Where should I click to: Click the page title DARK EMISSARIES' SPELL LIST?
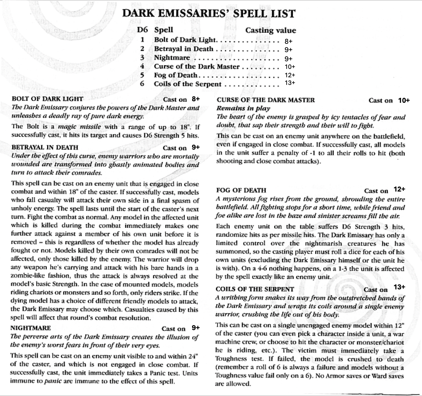coord(208,14)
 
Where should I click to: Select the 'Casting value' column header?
coord(270,30)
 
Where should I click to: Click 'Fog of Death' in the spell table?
coord(175,75)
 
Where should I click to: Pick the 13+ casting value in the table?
coord(290,83)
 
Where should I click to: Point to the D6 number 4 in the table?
coord(142,66)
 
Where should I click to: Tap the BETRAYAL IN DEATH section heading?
coord(45,147)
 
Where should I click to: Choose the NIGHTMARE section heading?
coord(31,327)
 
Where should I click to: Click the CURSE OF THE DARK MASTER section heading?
coord(265,100)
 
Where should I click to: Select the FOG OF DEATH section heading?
coord(241,190)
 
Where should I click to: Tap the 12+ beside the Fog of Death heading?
coord(400,189)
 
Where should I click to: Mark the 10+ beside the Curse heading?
coord(404,100)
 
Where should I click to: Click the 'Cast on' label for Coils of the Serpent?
coord(376,290)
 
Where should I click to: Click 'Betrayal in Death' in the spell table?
coord(184,49)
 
